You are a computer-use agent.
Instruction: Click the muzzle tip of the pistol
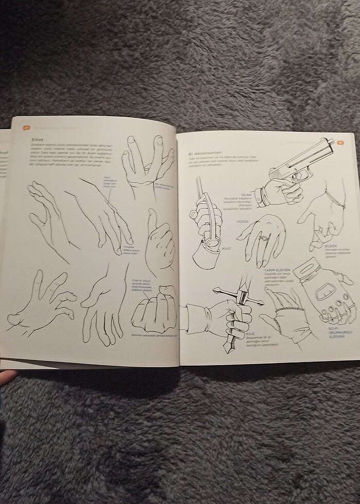click(333, 142)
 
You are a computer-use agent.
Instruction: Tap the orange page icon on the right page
click(340, 142)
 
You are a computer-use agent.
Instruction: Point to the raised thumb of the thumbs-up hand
click(152, 219)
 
